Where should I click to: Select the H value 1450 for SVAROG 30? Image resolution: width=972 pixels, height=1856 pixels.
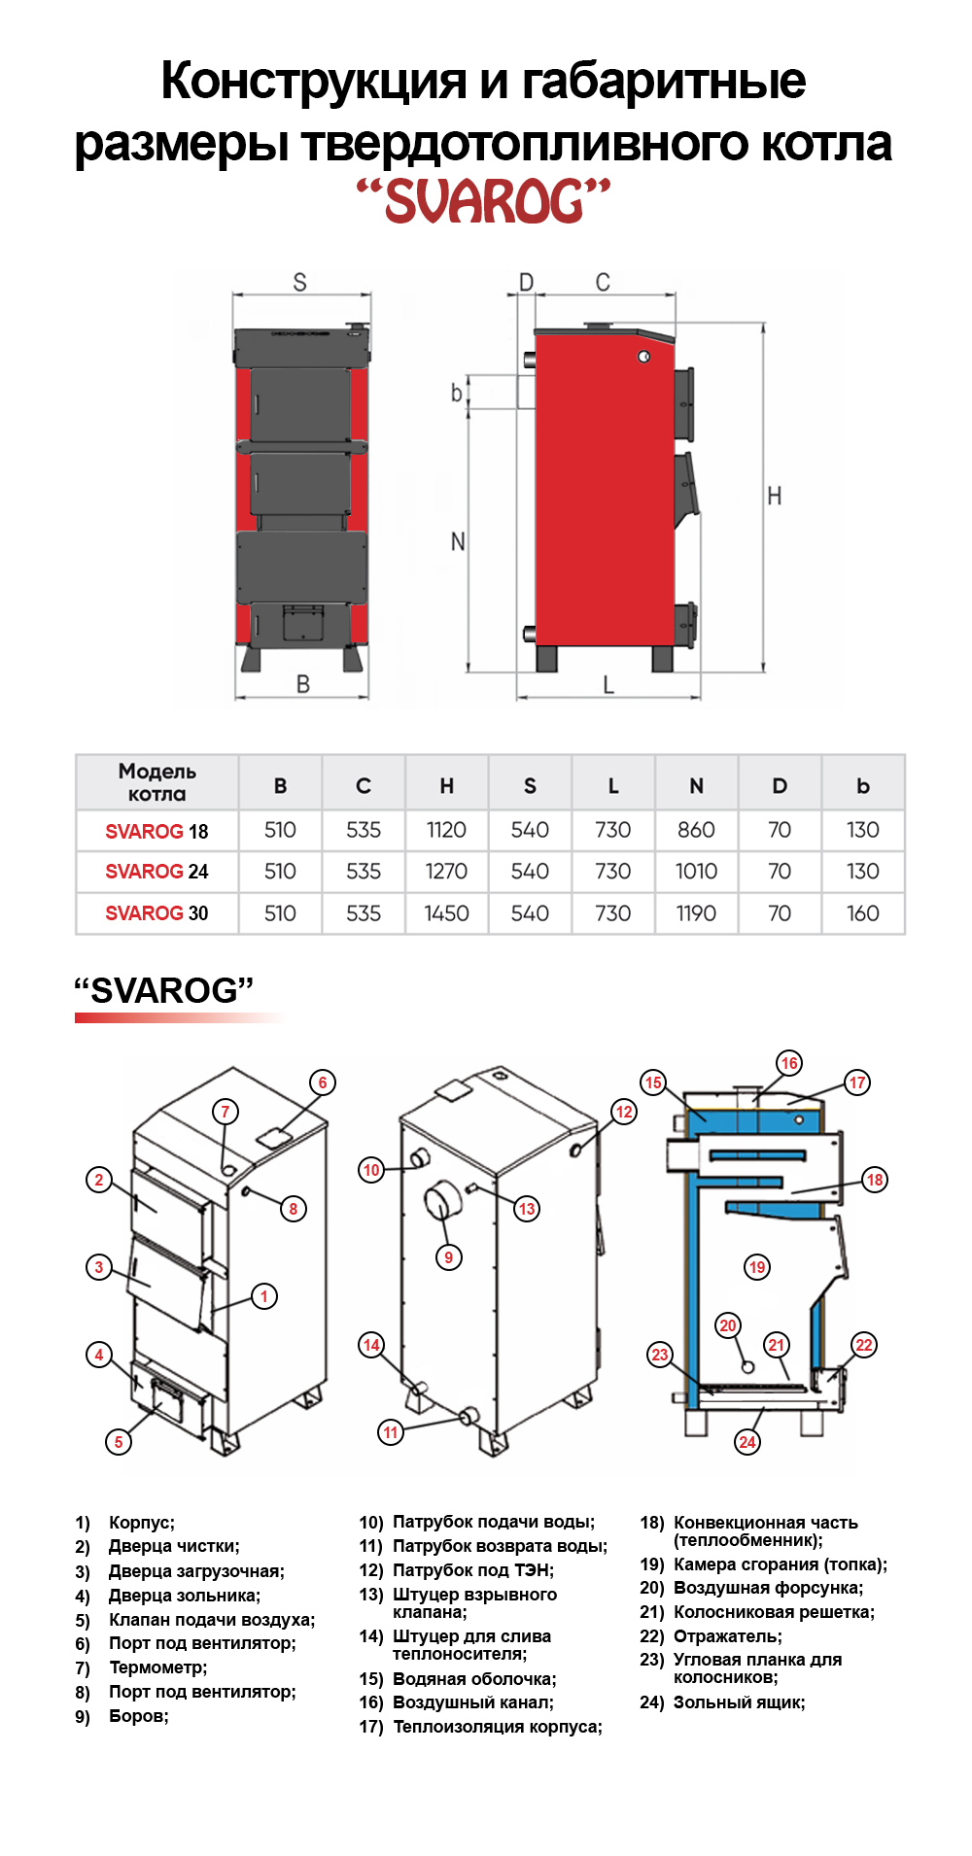point(446,913)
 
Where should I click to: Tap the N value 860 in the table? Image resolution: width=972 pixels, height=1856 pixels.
point(696,830)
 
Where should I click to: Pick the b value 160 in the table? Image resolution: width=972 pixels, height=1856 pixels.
point(862,913)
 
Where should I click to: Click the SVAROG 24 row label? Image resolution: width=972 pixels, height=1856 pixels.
point(156,872)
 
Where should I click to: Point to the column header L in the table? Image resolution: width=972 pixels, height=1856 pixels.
point(613,785)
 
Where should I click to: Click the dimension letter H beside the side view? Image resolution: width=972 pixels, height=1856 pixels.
point(775,497)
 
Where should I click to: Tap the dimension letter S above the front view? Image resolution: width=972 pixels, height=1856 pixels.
point(299,282)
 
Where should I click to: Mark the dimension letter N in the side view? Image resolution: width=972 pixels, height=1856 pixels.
point(458,541)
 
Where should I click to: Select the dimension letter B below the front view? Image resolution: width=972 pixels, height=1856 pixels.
point(303,684)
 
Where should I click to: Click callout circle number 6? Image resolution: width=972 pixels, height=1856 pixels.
point(323,1083)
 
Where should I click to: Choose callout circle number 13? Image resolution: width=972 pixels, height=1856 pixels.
point(527,1209)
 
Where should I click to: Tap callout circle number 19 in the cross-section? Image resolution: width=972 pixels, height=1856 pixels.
point(757,1267)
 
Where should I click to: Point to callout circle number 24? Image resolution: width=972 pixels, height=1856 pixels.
point(747,1442)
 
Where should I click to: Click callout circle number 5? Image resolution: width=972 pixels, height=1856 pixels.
point(119,1442)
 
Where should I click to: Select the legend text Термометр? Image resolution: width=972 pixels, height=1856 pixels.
point(157,1667)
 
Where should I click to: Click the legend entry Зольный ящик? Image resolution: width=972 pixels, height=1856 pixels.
point(739,1702)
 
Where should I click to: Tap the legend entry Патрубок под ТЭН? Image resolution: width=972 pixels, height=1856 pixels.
point(472,1570)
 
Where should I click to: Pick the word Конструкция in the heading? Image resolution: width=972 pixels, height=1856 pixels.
point(313,81)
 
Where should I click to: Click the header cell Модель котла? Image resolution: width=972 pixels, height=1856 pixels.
point(157,782)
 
